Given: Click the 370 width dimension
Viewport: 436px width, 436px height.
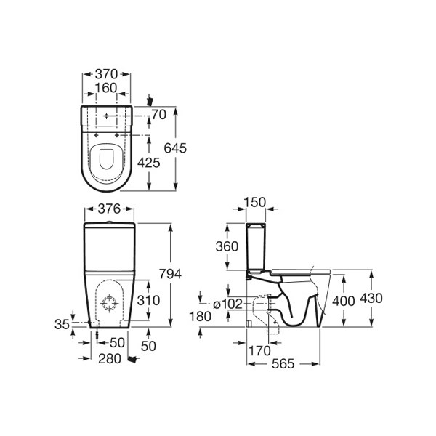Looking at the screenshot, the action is [107, 74].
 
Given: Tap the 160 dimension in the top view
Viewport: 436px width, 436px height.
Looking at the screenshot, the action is [106, 88].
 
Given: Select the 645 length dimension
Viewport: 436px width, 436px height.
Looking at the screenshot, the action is [175, 148].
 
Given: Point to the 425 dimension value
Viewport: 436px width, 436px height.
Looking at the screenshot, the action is [149, 163].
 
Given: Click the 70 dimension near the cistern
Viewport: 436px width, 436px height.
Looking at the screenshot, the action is [158, 114].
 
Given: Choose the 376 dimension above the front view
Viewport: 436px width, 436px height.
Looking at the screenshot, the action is [109, 209].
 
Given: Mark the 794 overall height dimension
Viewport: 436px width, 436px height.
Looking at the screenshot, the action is [170, 274].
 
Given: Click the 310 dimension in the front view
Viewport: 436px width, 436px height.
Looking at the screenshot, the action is [149, 300].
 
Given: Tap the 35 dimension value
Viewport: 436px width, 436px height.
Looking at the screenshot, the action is [62, 324].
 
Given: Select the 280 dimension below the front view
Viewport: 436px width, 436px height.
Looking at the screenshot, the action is [110, 359].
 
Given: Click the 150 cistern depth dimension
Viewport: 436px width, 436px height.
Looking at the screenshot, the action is [255, 202].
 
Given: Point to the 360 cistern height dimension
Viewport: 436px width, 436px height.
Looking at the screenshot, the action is [227, 246].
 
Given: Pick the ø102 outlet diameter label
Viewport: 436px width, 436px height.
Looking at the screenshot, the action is [228, 304].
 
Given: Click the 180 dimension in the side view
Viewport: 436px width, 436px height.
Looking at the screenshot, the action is [201, 316].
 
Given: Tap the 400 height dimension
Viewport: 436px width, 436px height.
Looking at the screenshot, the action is [344, 301].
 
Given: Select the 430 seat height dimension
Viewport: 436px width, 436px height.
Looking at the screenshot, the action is [371, 299].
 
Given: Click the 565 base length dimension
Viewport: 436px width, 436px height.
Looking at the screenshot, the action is [283, 364].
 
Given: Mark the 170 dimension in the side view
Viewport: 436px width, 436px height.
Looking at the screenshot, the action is [259, 351].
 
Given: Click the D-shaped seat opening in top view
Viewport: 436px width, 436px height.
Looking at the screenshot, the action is [107, 159].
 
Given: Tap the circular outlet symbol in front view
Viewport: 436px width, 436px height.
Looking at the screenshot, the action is [109, 303].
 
